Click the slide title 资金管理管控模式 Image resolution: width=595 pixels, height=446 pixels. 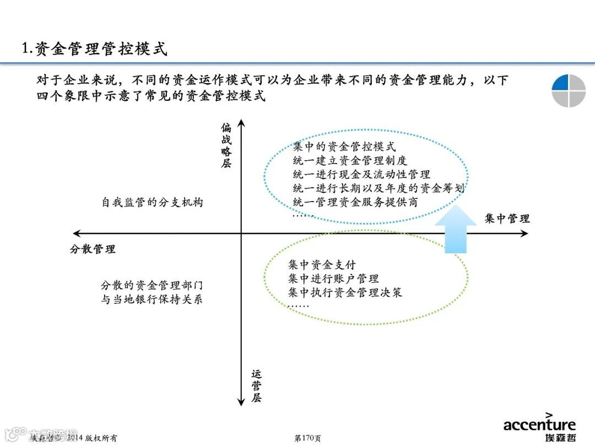pyautogui.click(x=94, y=49)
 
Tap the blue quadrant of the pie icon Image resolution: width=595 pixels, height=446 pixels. pyautogui.click(x=560, y=82)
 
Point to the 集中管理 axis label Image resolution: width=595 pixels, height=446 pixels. pyautogui.click(x=507, y=219)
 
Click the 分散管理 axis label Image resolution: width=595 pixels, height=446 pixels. pyautogui.click(x=93, y=249)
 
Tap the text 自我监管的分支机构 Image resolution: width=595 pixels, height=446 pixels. pyautogui.click(x=152, y=202)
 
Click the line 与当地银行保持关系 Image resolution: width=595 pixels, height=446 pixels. pyautogui.click(x=152, y=300)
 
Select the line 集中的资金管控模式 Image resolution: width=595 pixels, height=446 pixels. pyautogui.click(x=344, y=147)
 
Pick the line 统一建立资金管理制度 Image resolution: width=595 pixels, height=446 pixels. pyautogui.click(x=350, y=161)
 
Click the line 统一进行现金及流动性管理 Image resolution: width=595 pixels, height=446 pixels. pyautogui.click(x=361, y=175)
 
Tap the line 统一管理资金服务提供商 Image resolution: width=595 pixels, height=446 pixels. pyautogui.click(x=355, y=202)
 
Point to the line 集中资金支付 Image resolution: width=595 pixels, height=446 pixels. pyautogui.click(x=322, y=265)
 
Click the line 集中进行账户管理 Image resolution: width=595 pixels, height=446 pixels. pyautogui.click(x=333, y=279)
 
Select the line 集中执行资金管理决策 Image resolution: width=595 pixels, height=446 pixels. pyautogui.click(x=345, y=292)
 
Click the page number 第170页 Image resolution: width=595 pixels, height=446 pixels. pyautogui.click(x=308, y=438)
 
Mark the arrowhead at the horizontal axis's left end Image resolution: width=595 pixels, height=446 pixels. pyautogui.click(x=76, y=233)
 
